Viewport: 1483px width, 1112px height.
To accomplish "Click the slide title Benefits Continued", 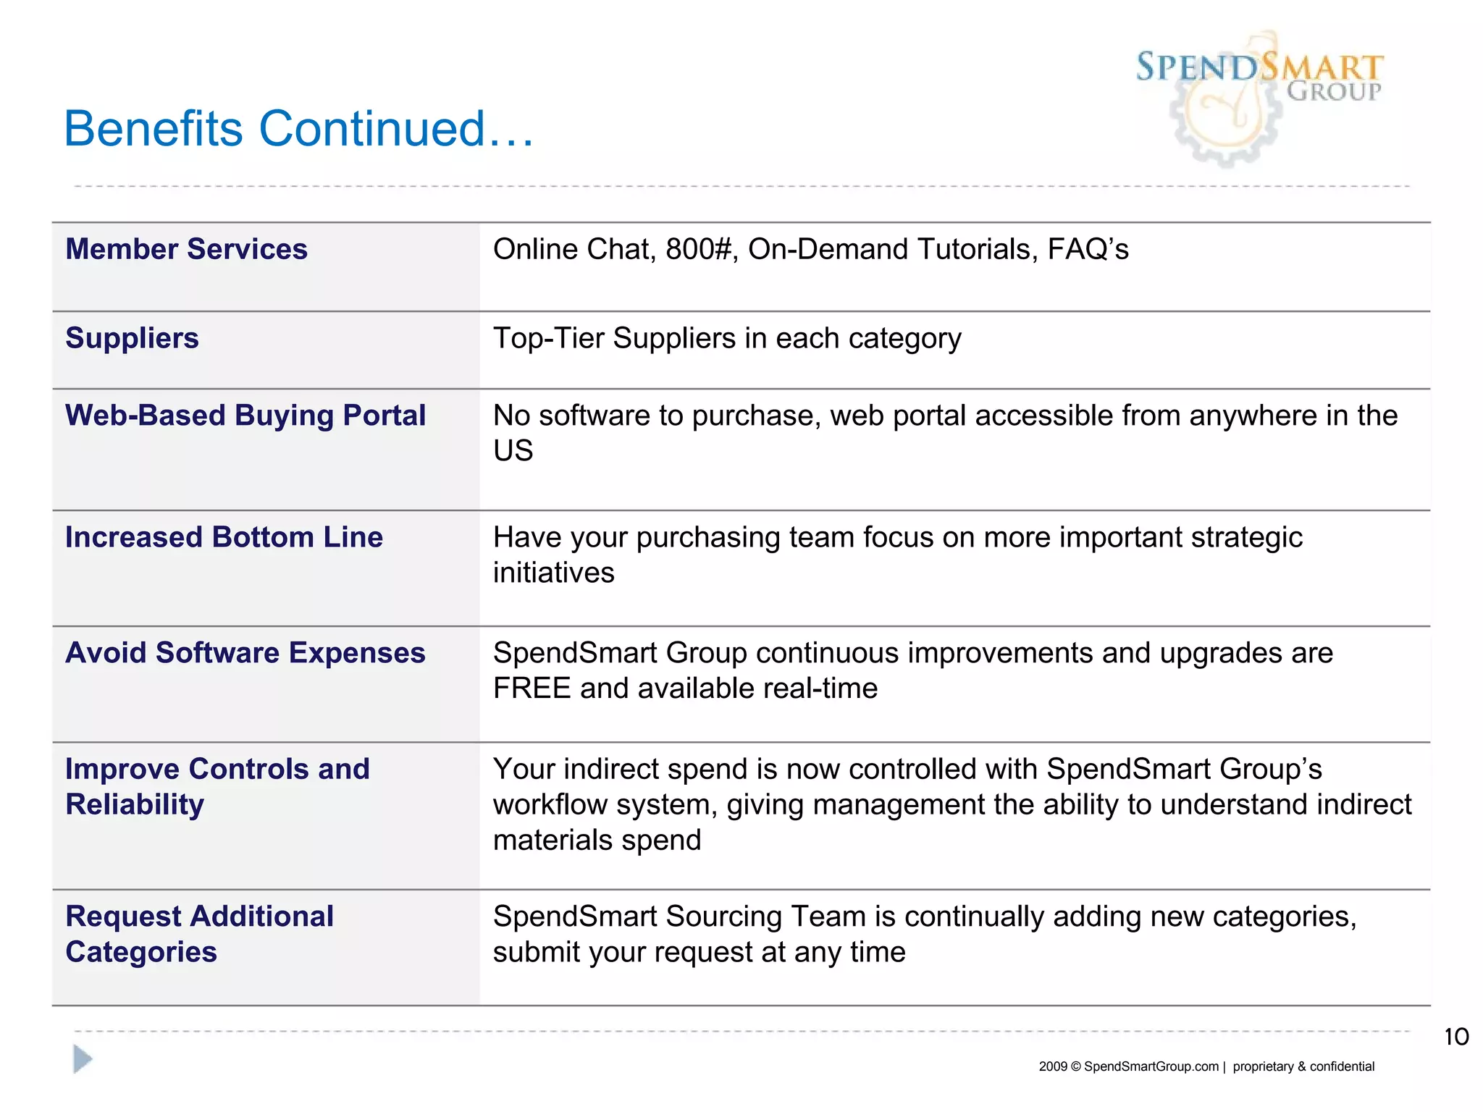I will coord(298,129).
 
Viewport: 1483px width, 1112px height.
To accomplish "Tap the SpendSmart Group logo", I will coord(1259,94).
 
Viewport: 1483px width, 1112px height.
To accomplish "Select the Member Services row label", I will coord(186,249).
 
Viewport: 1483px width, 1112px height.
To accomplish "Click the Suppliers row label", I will coord(132,338).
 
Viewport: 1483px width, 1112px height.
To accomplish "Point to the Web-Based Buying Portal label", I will coord(245,416).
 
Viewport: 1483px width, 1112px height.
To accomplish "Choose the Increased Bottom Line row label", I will coord(224,537).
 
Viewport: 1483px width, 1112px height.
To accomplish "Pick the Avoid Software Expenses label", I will coord(245,653).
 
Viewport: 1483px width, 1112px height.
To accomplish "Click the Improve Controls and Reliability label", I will coord(217,786).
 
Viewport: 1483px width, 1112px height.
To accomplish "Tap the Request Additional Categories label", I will coord(199,934).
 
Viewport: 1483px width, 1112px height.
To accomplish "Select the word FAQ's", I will coord(1088,249).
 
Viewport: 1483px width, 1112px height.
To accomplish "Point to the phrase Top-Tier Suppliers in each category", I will coord(727,338).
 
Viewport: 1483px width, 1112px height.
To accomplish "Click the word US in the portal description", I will coord(513,451).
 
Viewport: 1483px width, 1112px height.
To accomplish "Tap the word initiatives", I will coord(553,573).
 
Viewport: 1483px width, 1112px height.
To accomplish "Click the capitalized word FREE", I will coord(532,688).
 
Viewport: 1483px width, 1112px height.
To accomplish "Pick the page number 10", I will coord(1456,1037).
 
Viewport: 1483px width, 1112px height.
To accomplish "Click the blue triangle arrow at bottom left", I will coord(83,1059).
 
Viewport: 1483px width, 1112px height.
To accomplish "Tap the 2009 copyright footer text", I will coord(1206,1066).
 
